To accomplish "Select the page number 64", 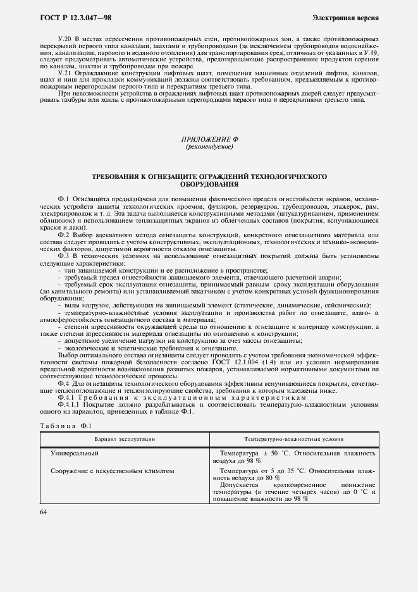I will [44, 512].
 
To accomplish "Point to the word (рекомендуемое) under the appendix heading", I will [209, 147].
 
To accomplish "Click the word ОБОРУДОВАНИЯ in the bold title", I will [209, 185].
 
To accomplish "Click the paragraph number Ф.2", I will [65, 235].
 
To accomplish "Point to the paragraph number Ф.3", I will [65, 256].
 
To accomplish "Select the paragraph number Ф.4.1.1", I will [70, 406].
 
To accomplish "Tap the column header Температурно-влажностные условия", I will [293, 438].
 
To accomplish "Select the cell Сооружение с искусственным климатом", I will [111, 471].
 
